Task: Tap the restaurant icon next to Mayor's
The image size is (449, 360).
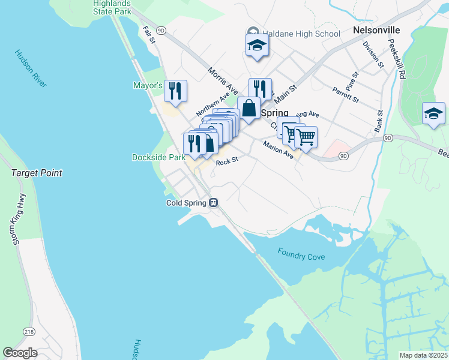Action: click(x=175, y=91)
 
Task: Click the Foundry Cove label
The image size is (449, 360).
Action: click(x=301, y=254)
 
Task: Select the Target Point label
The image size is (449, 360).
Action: click(x=37, y=173)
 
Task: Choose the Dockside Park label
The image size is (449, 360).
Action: click(x=158, y=158)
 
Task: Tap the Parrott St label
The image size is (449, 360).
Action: click(x=345, y=94)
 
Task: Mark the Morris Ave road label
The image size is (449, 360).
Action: click(x=219, y=80)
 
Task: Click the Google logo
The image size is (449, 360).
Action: click(x=20, y=353)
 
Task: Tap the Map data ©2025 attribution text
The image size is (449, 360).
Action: click(x=423, y=355)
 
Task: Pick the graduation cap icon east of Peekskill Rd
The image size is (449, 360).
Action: click(x=433, y=114)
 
